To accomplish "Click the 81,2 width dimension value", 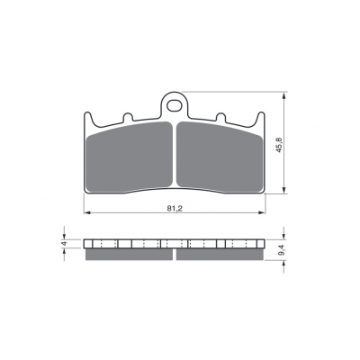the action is [175, 209].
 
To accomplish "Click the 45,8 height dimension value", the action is [279, 145].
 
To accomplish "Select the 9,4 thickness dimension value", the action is [281, 250].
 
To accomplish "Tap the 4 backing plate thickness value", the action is [64, 243].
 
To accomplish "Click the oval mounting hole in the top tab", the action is [174, 105].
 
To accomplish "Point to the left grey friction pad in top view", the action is [130, 157].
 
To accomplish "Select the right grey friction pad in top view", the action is [220, 157].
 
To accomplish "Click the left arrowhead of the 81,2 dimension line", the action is [86, 212].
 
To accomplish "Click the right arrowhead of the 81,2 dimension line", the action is [262, 212].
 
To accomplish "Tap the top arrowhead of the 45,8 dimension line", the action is [283, 95].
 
